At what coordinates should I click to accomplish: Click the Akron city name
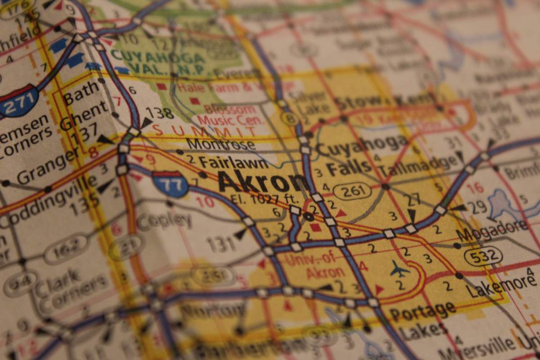coord(263,182)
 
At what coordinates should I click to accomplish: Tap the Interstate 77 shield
coord(170,184)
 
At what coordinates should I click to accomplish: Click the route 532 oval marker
coord(483,256)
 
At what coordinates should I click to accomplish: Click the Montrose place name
coord(220,144)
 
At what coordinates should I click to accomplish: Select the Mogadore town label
coord(491,230)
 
